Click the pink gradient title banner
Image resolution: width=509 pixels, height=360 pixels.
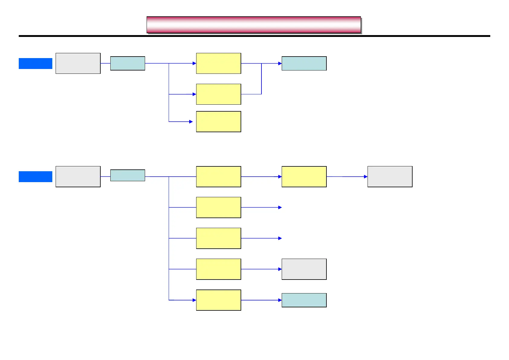254,25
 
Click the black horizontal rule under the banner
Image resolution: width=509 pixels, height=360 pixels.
254,36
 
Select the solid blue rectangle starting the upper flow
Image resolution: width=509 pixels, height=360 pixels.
35,64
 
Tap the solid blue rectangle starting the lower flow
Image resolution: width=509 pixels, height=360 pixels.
35,177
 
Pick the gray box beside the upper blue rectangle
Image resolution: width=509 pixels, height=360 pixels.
78,63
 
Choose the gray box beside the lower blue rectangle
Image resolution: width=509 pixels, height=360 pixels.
78,176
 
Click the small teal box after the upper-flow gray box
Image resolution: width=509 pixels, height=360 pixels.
128,63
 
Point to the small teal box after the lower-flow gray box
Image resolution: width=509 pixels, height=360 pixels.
128,175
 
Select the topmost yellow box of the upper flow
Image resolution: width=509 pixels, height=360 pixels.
219,63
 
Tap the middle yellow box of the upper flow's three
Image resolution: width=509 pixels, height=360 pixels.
219,94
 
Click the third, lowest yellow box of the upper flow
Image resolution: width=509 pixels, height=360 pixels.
219,122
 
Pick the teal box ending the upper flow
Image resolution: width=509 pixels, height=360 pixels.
304,63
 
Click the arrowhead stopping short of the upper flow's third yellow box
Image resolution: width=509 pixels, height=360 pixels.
191,122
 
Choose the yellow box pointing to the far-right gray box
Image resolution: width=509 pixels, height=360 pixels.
304,176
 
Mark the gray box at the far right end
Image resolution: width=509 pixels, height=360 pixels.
390,176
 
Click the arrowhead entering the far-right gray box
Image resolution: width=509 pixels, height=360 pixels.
366,176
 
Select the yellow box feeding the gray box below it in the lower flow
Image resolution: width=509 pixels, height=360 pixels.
219,269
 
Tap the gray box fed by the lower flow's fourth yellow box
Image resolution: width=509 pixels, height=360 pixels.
304,269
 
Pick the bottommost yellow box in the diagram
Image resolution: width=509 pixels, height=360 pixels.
219,300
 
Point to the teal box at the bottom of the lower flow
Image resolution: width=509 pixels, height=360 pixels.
304,300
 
